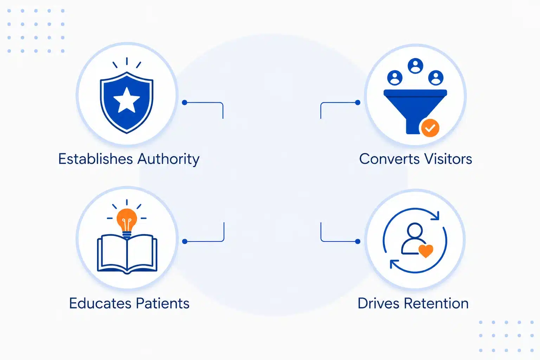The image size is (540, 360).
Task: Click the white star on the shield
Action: [x=127, y=100]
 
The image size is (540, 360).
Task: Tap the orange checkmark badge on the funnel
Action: [x=430, y=128]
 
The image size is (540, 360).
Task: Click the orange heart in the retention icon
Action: [x=426, y=251]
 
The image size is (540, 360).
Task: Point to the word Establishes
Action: [x=96, y=159]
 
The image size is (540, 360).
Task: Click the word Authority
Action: [x=168, y=160]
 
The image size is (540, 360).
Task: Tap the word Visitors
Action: [x=448, y=159]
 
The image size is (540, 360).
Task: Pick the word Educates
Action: [x=100, y=303]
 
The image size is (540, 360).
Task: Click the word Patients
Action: [x=163, y=303]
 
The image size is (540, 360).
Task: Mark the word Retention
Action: [x=436, y=303]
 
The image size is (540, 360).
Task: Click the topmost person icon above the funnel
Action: [x=415, y=66]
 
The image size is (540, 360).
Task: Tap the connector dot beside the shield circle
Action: [x=185, y=103]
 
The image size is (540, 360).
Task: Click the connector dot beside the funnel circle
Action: [x=358, y=103]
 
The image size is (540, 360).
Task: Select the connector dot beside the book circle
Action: [x=185, y=242]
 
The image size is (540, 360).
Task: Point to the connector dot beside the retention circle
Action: [x=358, y=242]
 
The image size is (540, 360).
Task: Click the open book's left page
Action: [x=112, y=253]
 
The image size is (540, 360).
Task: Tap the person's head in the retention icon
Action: [x=414, y=230]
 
